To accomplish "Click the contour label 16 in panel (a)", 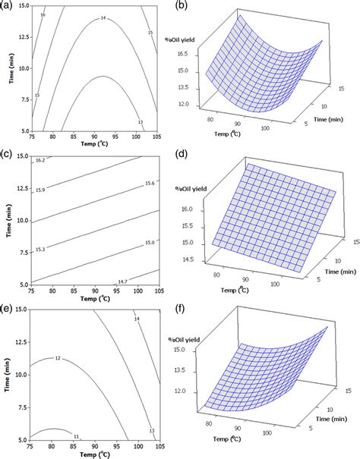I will (42, 14).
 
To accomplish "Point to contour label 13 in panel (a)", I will (140, 123).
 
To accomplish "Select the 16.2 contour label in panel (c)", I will (40, 161).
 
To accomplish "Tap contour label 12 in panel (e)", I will (58, 357).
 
